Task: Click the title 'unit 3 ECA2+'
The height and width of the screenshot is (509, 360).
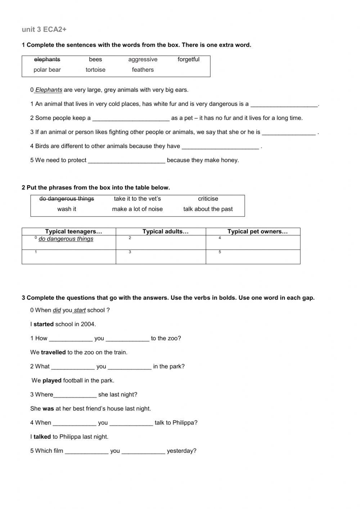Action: [44, 30]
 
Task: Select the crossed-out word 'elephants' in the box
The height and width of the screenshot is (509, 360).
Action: [47, 59]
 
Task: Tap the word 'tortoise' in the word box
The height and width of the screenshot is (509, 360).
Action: [95, 70]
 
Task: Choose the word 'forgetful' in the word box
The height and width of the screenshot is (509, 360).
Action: [188, 59]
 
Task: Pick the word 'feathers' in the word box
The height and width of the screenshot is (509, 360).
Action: [143, 70]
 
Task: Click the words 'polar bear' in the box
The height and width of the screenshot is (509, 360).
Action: [47, 70]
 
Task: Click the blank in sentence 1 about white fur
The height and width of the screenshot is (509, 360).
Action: [284, 104]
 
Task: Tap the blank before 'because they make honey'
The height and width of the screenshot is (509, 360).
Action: [126, 161]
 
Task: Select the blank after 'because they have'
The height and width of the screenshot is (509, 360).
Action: [220, 147]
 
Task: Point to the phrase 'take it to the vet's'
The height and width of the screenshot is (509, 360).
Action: [137, 199]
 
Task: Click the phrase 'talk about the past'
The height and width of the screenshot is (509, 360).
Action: [208, 209]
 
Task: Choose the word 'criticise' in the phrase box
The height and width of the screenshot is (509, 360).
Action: [208, 199]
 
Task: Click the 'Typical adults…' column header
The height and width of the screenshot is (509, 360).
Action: [165, 232]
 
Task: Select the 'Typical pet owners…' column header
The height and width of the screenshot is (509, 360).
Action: [257, 232]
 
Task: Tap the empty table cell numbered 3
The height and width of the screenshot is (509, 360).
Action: [161, 257]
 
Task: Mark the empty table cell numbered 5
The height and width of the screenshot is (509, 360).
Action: [253, 257]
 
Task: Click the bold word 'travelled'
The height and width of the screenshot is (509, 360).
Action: [53, 352]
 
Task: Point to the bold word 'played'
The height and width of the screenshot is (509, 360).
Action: [52, 380]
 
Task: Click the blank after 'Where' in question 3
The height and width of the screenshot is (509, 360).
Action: [75, 395]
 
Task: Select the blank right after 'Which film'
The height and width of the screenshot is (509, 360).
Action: [86, 451]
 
